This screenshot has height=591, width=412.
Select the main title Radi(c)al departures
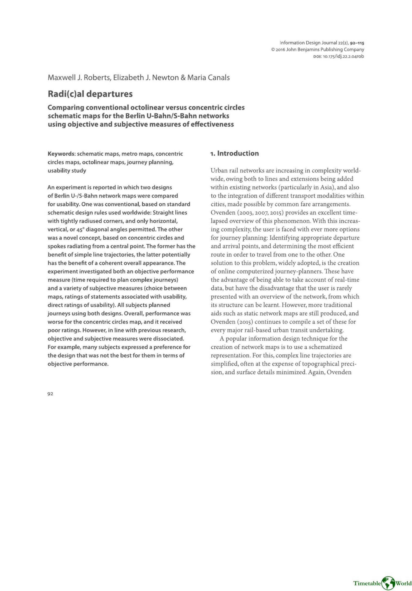click(x=90, y=94)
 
